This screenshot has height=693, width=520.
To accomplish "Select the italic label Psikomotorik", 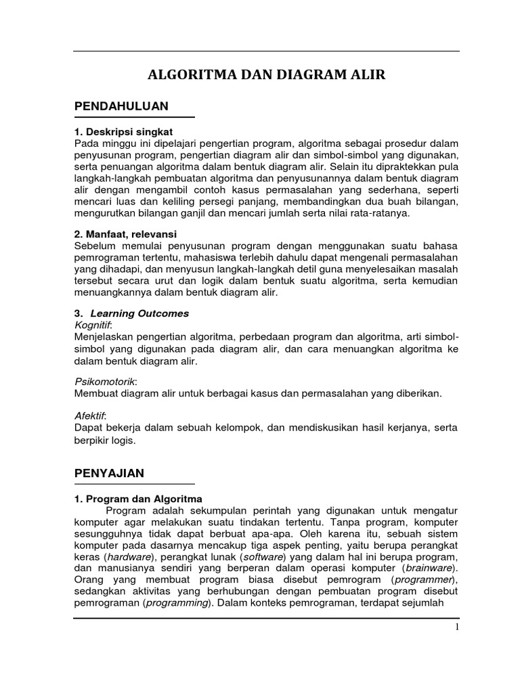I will click(102, 382).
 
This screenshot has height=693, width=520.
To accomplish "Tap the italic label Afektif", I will click(90, 415).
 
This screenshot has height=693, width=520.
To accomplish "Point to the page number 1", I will click(457, 627).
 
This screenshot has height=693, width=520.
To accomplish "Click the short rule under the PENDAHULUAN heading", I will click(134, 118).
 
